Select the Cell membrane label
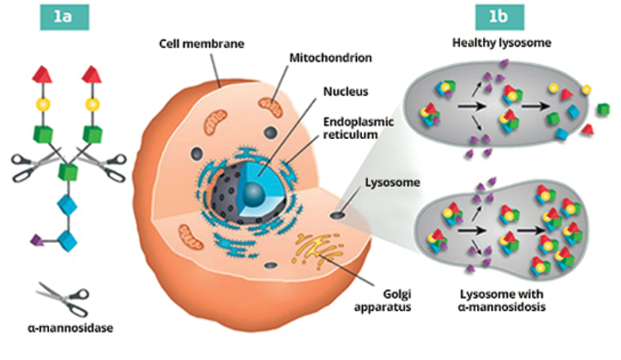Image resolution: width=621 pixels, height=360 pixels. [201, 45]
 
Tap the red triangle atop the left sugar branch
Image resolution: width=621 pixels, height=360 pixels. [42, 74]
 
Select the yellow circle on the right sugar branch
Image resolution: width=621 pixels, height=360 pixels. [92, 103]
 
